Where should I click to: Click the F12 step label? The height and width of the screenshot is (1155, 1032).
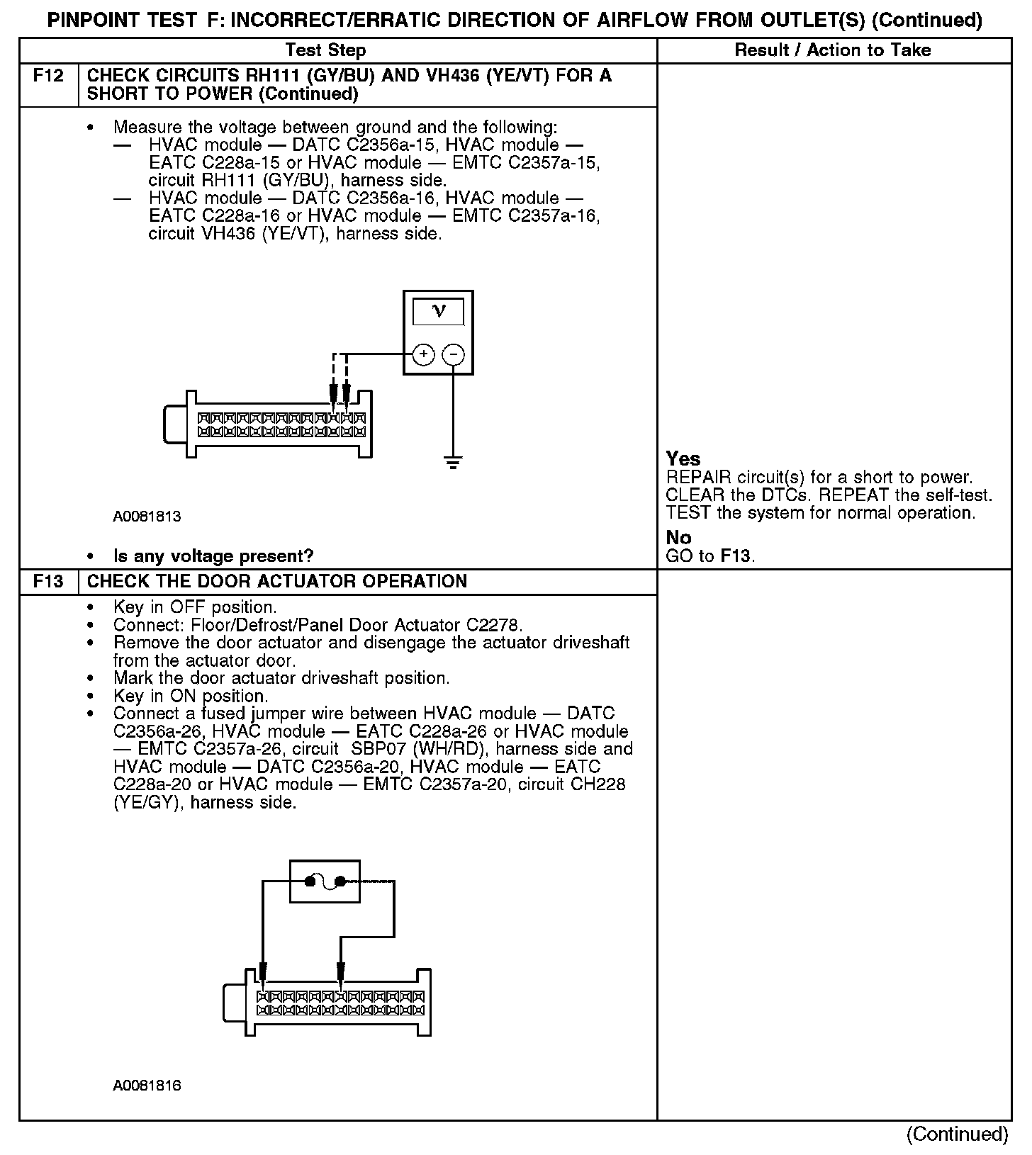coord(48,76)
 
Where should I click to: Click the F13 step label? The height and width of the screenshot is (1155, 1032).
coord(48,582)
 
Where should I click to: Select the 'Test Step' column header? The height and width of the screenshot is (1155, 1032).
coord(325,50)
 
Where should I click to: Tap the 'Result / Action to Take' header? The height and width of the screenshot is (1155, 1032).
coord(833,50)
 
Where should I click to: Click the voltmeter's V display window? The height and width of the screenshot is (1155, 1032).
coord(439,312)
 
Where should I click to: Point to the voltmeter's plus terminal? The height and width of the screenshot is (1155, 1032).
coord(423,354)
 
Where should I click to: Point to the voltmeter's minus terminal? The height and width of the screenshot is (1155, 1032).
coord(454,354)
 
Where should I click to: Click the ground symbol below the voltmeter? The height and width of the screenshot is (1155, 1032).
coord(454,464)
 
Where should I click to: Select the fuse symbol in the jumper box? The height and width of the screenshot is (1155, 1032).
coord(325,881)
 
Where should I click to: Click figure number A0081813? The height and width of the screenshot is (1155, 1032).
coord(147,517)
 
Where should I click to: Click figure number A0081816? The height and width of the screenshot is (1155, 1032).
coord(147,1086)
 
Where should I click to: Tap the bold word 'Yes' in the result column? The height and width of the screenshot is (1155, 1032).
coord(683,459)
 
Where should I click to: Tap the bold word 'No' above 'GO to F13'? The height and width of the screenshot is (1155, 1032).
coord(678,538)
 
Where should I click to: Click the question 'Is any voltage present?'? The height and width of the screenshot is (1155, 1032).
coord(213,556)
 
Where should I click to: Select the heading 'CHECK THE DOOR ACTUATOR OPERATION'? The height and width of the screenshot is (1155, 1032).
coord(277,582)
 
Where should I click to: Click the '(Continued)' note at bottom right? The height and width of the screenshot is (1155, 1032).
coord(957,1134)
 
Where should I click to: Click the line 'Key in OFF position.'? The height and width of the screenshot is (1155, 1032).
coord(195,608)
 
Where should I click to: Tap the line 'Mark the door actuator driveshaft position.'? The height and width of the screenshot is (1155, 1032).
coord(281,679)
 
